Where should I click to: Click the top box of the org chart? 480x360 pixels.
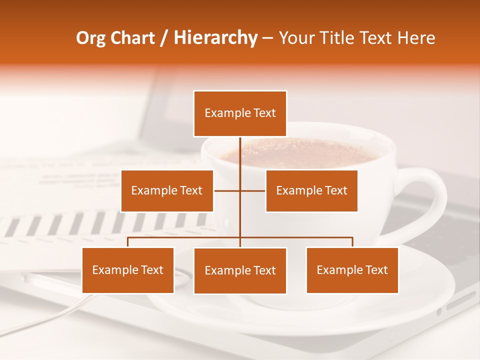(x=240, y=113)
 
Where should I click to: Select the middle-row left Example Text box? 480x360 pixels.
(x=167, y=190)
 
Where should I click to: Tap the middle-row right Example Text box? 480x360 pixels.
(x=311, y=190)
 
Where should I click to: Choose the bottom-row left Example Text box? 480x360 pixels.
(x=128, y=270)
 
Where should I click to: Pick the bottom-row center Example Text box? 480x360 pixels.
(x=240, y=270)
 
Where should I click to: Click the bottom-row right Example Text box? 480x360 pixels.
(x=352, y=270)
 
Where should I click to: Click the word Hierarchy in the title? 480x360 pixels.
(x=215, y=38)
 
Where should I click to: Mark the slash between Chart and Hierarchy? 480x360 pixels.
(x=163, y=38)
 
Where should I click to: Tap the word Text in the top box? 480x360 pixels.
(x=264, y=113)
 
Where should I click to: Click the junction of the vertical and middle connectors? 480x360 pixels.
(x=240, y=190)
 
